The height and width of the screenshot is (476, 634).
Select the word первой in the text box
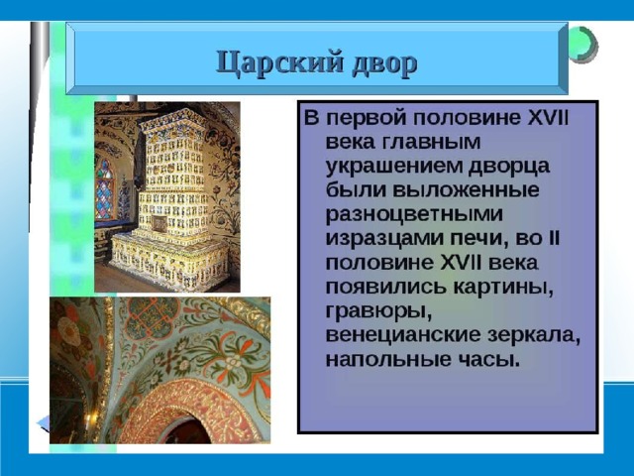pyautogui.click(x=367, y=119)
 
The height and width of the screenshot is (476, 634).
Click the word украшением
pyautogui.click(x=394, y=167)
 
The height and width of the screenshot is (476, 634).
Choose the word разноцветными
pyautogui.click(x=414, y=215)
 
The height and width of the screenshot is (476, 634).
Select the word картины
pyautogui.click(x=503, y=287)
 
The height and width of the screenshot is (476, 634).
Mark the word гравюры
pyautogui.click(x=378, y=312)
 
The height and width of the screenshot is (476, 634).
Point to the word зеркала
pyautogui.click(x=534, y=336)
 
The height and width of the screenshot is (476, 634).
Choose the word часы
pyautogui.click(x=488, y=360)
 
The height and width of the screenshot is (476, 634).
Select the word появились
pyautogui.click(x=386, y=288)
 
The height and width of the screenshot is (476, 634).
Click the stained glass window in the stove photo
pyautogui.click(x=104, y=189)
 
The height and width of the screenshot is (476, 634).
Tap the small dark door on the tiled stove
pyautogui.click(x=159, y=223)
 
